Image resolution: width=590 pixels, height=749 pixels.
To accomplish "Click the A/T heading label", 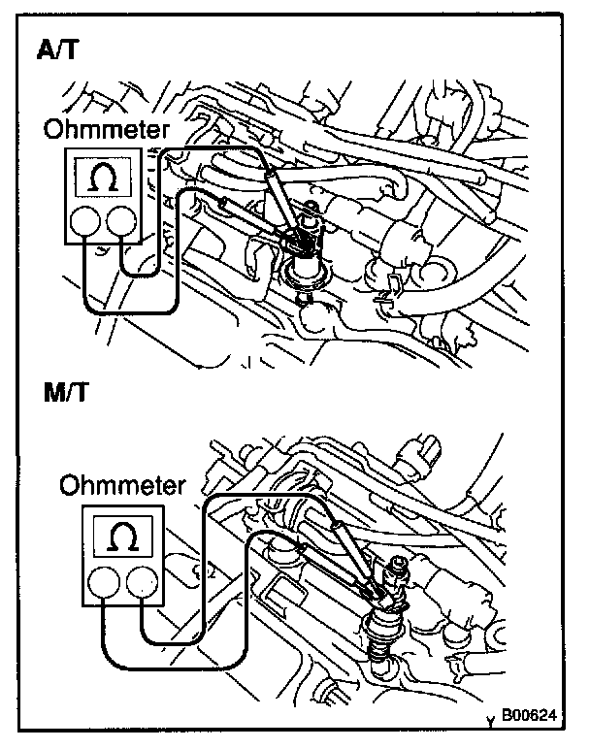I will [x=59, y=51].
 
